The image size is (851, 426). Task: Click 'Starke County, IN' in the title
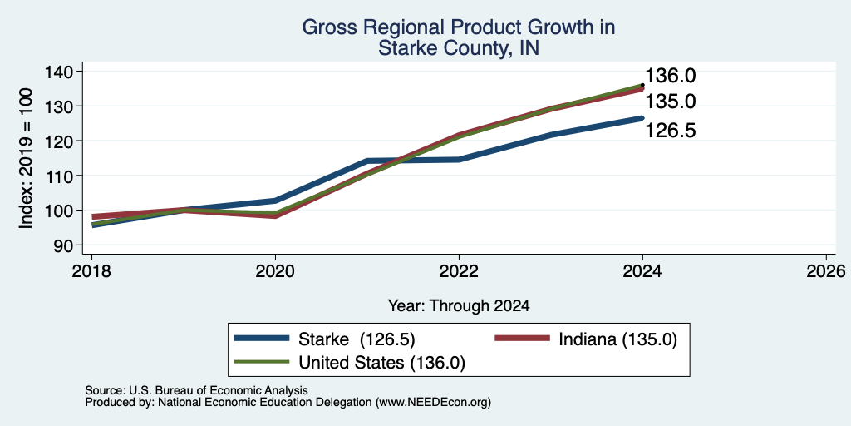[x=459, y=48]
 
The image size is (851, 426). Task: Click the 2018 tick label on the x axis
[x=91, y=270]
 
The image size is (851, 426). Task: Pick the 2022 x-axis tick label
[x=459, y=270]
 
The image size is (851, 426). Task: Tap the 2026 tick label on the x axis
[x=826, y=270]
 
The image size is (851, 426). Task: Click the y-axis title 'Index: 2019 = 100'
[x=27, y=158]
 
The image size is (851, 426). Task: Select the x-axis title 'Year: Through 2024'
[x=459, y=306]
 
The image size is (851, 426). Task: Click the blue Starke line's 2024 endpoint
[x=642, y=118]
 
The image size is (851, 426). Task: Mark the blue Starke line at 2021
[x=367, y=161]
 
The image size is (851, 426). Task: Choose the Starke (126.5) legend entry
[x=325, y=339]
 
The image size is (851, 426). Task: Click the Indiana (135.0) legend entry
[x=586, y=339]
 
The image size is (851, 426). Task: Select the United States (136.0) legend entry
[x=350, y=363]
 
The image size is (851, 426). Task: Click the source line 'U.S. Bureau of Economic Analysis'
[x=219, y=390]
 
